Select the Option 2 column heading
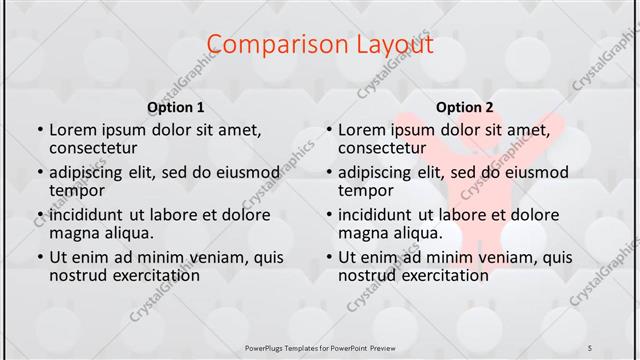coord(465,107)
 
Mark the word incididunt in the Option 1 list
coord(91,214)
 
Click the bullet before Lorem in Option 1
coord(39,130)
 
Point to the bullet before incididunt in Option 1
coord(39,214)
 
